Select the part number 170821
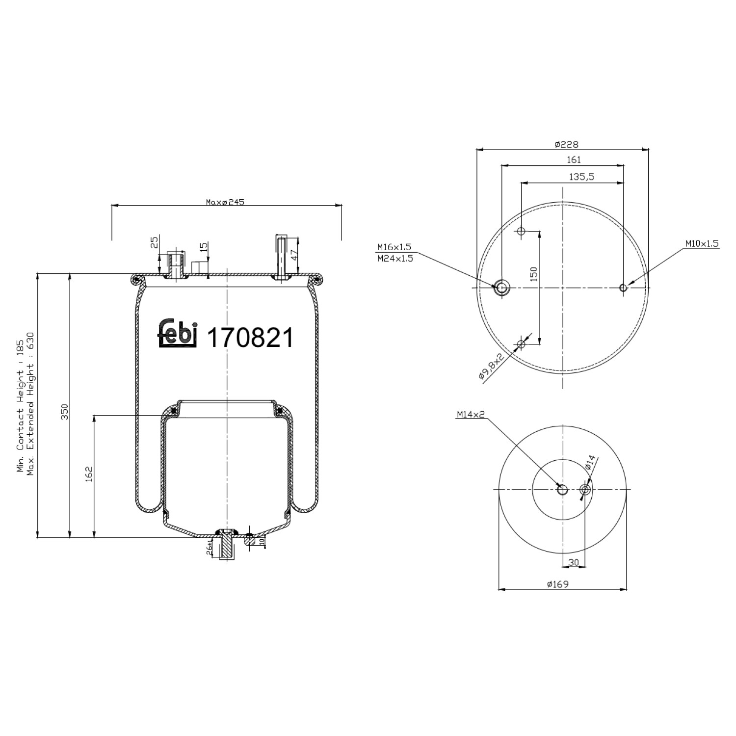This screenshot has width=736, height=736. [x=250, y=338]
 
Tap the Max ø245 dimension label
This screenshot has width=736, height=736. [x=225, y=202]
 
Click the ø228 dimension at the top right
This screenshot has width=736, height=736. [x=566, y=144]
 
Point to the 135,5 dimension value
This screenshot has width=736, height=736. [x=581, y=177]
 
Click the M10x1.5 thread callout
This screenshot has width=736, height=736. [x=702, y=243]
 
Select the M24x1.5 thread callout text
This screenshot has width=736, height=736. [x=394, y=259]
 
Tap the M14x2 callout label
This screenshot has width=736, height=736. [x=470, y=415]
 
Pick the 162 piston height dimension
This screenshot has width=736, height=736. [x=89, y=474]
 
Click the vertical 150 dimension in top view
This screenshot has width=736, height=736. [x=534, y=273]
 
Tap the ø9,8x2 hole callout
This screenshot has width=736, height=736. [x=491, y=367]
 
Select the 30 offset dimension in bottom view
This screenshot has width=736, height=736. [x=573, y=562]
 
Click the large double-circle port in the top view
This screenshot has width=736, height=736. [x=501, y=288]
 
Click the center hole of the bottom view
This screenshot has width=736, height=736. [x=562, y=490]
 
